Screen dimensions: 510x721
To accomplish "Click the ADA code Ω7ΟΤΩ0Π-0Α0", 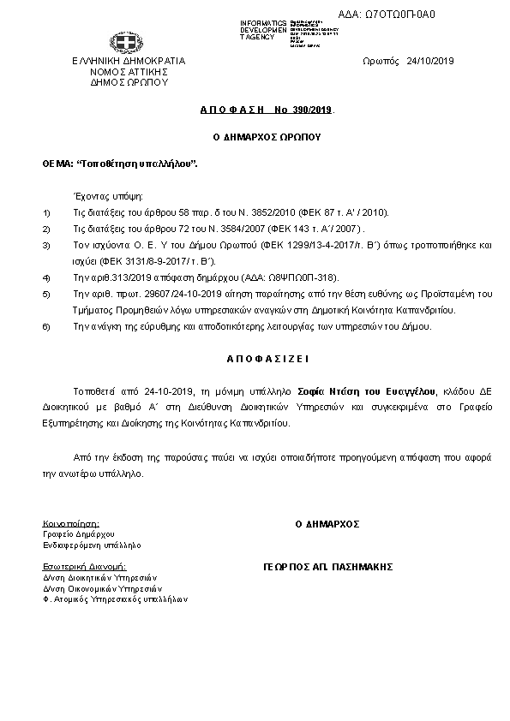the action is point(411,14).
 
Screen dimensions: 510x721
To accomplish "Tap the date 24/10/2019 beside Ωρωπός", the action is point(430,61).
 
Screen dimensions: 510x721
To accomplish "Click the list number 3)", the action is point(47,245).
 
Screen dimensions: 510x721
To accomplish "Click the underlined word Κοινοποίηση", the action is point(70,522).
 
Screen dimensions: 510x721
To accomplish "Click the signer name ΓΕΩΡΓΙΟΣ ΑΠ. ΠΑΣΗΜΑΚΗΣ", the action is point(327,567).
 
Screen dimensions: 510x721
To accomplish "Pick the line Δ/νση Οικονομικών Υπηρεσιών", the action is point(102,588).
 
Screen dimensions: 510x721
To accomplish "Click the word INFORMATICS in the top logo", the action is point(263,21).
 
